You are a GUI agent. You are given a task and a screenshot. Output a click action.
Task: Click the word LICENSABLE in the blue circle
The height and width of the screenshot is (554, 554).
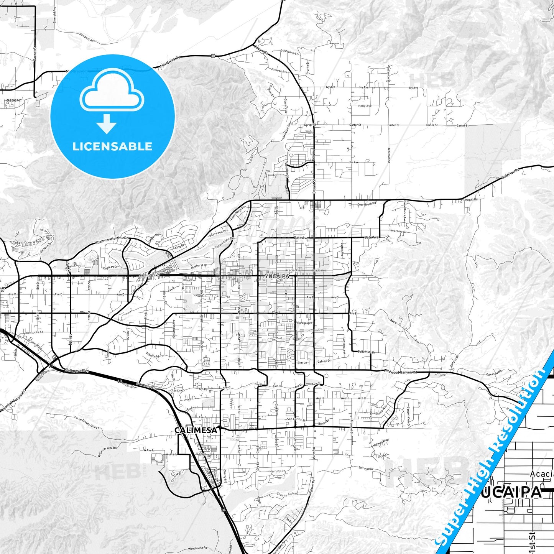(x=112, y=146)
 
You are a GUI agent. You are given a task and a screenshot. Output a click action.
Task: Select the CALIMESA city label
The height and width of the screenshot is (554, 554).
(x=196, y=431)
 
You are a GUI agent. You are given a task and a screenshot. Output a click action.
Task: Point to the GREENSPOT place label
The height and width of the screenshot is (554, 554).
(x=13, y=100)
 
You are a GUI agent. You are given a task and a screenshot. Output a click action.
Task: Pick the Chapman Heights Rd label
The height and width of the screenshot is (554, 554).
(x=110, y=240)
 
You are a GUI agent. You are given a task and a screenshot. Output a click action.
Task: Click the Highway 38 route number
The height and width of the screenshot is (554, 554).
(x=213, y=56)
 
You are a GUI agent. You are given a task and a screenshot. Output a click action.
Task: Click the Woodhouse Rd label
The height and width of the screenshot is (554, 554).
(x=198, y=538)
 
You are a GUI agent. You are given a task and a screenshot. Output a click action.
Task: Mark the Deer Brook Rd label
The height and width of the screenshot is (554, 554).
(x=367, y=204)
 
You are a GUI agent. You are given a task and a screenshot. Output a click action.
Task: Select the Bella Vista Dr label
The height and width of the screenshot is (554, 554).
(x=366, y=352)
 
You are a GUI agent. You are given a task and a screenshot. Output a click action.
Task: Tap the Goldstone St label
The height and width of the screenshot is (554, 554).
(x=289, y=53)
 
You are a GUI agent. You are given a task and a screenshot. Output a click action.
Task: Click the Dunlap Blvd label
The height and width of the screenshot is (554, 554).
(x=34, y=343)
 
